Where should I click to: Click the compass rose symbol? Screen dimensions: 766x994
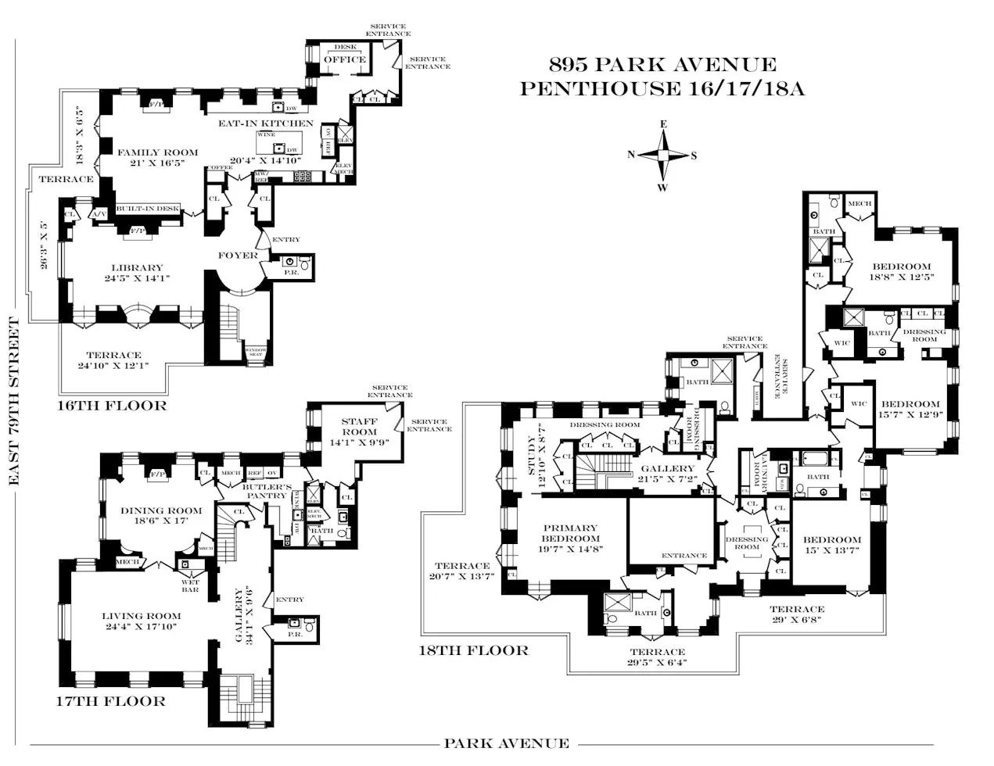662,155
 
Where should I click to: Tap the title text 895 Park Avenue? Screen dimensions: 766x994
662,66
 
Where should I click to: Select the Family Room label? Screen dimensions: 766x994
159,152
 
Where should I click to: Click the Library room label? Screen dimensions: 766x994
137,268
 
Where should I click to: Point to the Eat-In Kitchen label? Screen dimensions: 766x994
265,123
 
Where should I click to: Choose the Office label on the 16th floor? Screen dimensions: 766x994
345,59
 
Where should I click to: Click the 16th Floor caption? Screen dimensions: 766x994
113,406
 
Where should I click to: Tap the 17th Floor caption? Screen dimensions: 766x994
112,701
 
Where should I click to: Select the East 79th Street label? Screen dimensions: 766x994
13,402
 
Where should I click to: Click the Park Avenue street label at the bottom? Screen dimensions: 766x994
506,743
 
